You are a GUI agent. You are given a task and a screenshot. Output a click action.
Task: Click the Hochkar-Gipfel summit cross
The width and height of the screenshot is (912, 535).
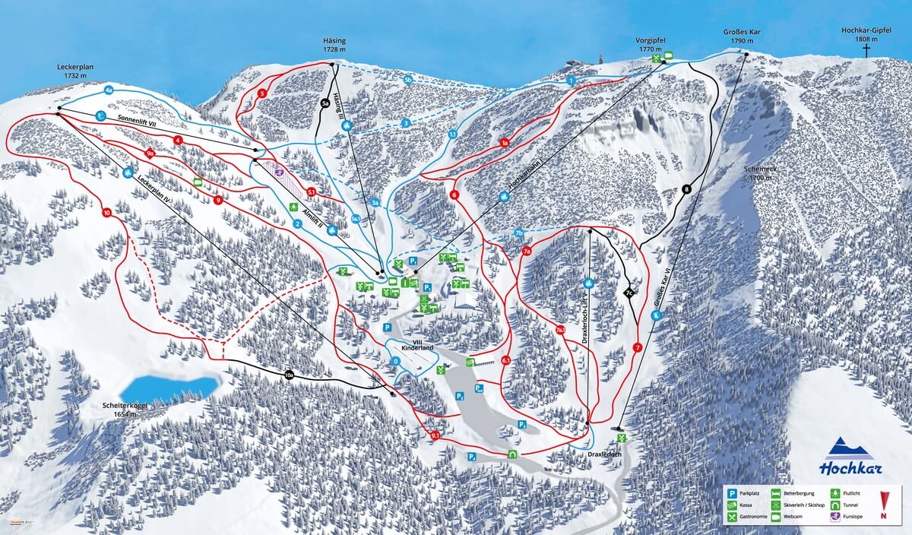[866, 51]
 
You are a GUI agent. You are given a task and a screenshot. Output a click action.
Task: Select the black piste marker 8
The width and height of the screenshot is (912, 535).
[686, 189]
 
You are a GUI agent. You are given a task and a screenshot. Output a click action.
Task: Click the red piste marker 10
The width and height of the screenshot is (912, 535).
[106, 213]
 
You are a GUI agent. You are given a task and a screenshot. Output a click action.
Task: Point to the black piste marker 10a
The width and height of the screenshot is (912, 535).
[288, 375]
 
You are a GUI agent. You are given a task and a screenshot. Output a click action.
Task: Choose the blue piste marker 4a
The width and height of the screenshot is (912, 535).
[109, 90]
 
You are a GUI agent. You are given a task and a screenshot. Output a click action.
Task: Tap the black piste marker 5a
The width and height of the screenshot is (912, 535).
[325, 104]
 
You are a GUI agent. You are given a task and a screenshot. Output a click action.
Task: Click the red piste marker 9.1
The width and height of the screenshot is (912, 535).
[435, 435]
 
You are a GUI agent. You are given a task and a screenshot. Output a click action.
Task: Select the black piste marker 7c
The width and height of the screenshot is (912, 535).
[629, 292]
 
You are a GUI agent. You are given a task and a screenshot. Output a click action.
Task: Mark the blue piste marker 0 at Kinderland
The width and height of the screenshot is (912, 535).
[396, 361]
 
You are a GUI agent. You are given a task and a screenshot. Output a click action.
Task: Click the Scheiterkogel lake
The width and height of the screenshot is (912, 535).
[174, 386]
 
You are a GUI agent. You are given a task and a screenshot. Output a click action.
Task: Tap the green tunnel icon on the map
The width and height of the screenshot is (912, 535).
[513, 454]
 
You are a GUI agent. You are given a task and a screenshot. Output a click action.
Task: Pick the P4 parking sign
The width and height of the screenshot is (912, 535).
[472, 457]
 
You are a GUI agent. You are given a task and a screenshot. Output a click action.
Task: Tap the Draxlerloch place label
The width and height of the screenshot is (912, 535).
[606, 454]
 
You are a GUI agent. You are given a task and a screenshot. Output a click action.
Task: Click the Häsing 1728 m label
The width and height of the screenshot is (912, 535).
[334, 44]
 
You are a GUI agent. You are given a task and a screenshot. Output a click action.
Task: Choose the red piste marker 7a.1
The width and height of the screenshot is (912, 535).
[560, 331]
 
